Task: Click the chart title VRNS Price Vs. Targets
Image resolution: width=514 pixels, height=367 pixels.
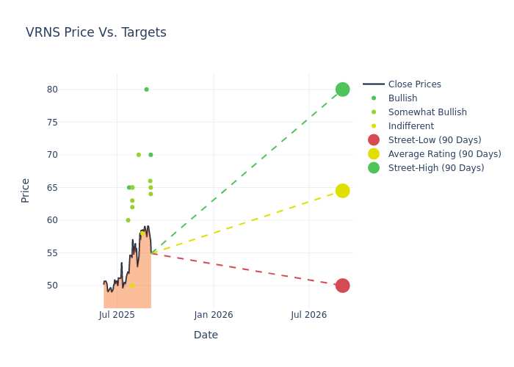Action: point(96,32)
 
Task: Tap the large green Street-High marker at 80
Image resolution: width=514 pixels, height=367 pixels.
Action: point(343,90)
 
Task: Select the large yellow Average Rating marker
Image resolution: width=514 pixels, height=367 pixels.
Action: point(343,191)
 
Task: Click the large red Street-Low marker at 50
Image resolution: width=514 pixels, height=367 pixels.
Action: point(343,286)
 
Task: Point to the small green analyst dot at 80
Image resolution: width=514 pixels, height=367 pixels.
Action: point(147,90)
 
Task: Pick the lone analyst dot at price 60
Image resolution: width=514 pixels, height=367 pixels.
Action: point(128,220)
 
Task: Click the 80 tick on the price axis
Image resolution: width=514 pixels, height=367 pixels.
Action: point(52,90)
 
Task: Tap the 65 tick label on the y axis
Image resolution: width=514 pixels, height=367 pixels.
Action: point(52,187)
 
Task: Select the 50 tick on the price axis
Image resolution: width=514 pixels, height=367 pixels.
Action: point(52,286)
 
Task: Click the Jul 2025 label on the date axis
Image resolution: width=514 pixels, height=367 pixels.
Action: point(117,315)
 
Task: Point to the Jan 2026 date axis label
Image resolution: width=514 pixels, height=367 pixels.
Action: point(214,315)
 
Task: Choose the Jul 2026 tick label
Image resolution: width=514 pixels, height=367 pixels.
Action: point(309,315)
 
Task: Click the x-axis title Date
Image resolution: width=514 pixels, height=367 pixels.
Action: point(206,335)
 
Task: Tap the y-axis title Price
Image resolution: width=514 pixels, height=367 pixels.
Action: point(25,191)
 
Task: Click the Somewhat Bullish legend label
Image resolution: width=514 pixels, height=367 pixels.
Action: point(427,112)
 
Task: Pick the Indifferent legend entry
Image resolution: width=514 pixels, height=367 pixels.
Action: point(411,126)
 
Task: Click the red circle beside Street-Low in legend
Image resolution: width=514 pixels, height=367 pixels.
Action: point(374,140)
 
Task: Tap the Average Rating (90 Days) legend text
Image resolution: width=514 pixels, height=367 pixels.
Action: point(445,154)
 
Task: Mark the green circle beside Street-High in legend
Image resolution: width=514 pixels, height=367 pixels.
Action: point(374,168)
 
